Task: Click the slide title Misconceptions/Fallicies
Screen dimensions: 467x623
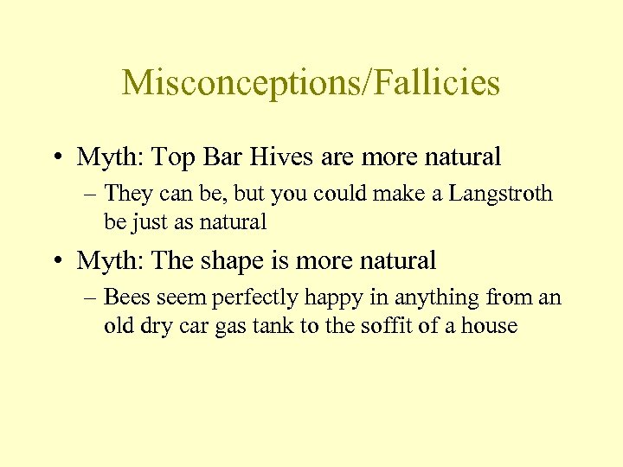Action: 311,83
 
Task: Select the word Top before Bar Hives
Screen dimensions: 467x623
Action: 170,158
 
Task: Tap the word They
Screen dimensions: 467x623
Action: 128,194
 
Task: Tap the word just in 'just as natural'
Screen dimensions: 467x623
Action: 148,222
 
